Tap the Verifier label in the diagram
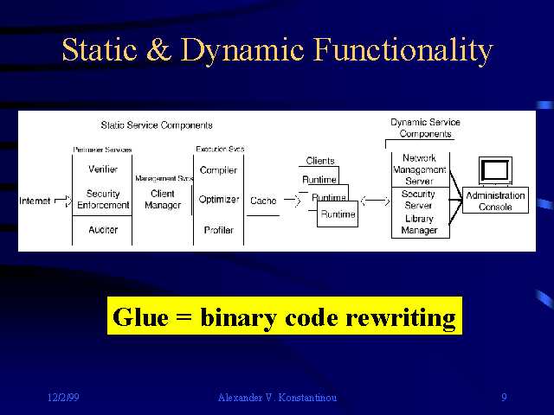pyautogui.click(x=103, y=169)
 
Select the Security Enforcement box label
pyautogui.click(x=103, y=200)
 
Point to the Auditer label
pyautogui.click(x=103, y=230)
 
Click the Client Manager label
pyautogui.click(x=163, y=200)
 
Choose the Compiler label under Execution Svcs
pyautogui.click(x=218, y=170)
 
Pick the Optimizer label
pyautogui.click(x=218, y=200)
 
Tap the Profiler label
pyautogui.click(x=218, y=230)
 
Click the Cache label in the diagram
pyautogui.click(x=263, y=201)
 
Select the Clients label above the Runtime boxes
pyautogui.click(x=319, y=161)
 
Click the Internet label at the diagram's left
pyautogui.click(x=35, y=201)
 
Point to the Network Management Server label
pyautogui.click(x=419, y=169)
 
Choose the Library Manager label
pyautogui.click(x=419, y=225)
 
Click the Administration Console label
pyautogui.click(x=495, y=201)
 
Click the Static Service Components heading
pyautogui.click(x=157, y=125)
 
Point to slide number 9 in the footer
pyautogui.click(x=504, y=398)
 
